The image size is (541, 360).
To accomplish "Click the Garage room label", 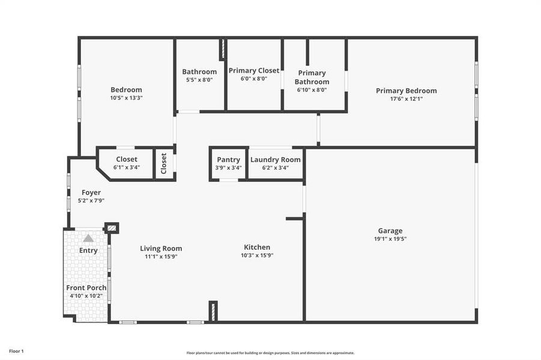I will pos(390,230).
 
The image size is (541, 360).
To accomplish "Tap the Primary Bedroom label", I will pos(407,91).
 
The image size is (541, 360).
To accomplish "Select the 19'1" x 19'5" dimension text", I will pos(390,239).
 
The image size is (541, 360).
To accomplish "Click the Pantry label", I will pos(229,160).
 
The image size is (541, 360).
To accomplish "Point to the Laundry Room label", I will pos(276,160).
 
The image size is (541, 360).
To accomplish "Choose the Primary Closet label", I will pos(254,70).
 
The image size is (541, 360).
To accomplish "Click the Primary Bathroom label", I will pos(312,77).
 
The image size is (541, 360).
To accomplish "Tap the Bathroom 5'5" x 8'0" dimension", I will pos(199,80).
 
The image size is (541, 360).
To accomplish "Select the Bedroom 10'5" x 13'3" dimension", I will pos(126,98).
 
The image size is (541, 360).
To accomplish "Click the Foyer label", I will pos(91,193).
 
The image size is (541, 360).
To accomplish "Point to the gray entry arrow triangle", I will pos(88,238).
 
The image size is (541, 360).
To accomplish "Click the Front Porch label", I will pos(86,288).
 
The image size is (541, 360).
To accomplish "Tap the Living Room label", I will pos(161,248).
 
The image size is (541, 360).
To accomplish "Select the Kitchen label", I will pos(257,247).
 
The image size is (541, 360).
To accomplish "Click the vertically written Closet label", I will pos(164,163).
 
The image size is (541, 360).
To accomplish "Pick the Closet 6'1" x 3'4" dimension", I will pos(127,167).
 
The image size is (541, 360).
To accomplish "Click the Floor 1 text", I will pos(16,350).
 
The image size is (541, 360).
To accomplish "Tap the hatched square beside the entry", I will pos(111,228).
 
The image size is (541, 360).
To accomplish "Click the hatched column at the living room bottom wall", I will pos(213,311).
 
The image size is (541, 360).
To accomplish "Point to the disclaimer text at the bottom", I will pos(270,353).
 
